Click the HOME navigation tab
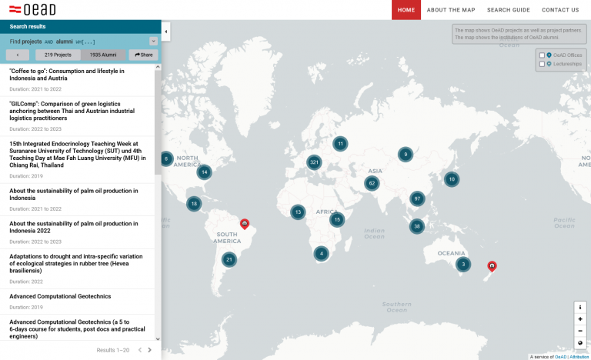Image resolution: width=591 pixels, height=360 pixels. (x=406, y=10)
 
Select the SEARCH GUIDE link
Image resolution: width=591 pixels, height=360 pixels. (x=509, y=10)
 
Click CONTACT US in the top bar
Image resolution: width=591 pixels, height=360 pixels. (x=560, y=10)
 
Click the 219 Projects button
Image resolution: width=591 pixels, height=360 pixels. (x=58, y=55)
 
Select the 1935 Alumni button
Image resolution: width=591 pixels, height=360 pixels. (x=102, y=55)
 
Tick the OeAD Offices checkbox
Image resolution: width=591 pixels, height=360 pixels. (x=542, y=55)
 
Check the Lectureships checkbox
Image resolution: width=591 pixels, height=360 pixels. (x=542, y=64)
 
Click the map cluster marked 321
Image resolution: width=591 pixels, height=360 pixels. (x=313, y=162)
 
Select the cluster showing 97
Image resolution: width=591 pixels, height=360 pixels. (x=417, y=198)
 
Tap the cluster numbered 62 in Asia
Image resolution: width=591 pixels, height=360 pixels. (x=372, y=183)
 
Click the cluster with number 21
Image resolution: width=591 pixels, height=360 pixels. (x=229, y=260)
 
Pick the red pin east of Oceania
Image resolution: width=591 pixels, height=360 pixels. (x=492, y=266)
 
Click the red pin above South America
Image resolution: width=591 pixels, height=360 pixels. (x=245, y=223)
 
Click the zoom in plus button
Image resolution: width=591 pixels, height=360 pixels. (x=579, y=318)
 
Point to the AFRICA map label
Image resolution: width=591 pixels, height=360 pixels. (x=327, y=212)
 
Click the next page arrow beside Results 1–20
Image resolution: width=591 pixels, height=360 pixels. (x=149, y=350)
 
